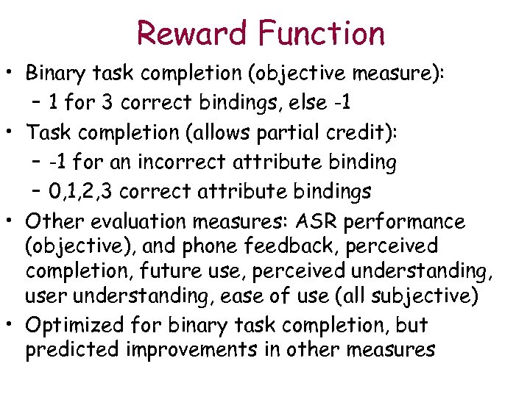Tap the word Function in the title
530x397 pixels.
pyautogui.click(x=322, y=33)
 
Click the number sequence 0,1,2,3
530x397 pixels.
pyautogui.click(x=81, y=192)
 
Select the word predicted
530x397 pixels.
pyautogui.click(x=73, y=350)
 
